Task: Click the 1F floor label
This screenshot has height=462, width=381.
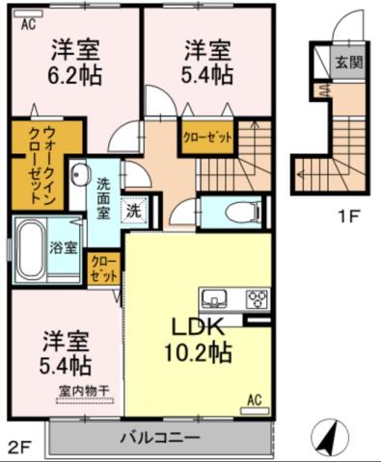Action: tap(348, 217)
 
